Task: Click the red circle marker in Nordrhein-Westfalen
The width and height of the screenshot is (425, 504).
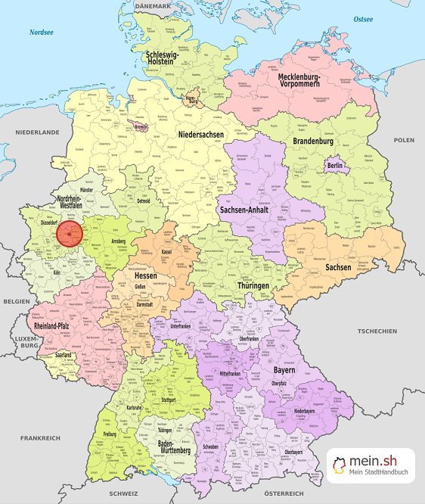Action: (70, 234)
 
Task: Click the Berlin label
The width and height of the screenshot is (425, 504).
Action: (335, 166)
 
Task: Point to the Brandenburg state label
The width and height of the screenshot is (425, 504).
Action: (313, 142)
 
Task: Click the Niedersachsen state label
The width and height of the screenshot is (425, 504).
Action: (201, 135)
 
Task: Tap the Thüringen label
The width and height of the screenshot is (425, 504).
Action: (254, 286)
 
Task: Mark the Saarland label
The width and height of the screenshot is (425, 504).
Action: (64, 354)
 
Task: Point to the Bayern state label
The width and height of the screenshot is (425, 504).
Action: (284, 372)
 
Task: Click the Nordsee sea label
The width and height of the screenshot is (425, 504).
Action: (42, 33)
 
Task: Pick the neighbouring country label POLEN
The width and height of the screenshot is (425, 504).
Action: (404, 140)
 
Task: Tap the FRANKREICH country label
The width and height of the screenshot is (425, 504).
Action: (40, 438)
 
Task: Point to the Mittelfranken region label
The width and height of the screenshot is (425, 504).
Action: (234, 374)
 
